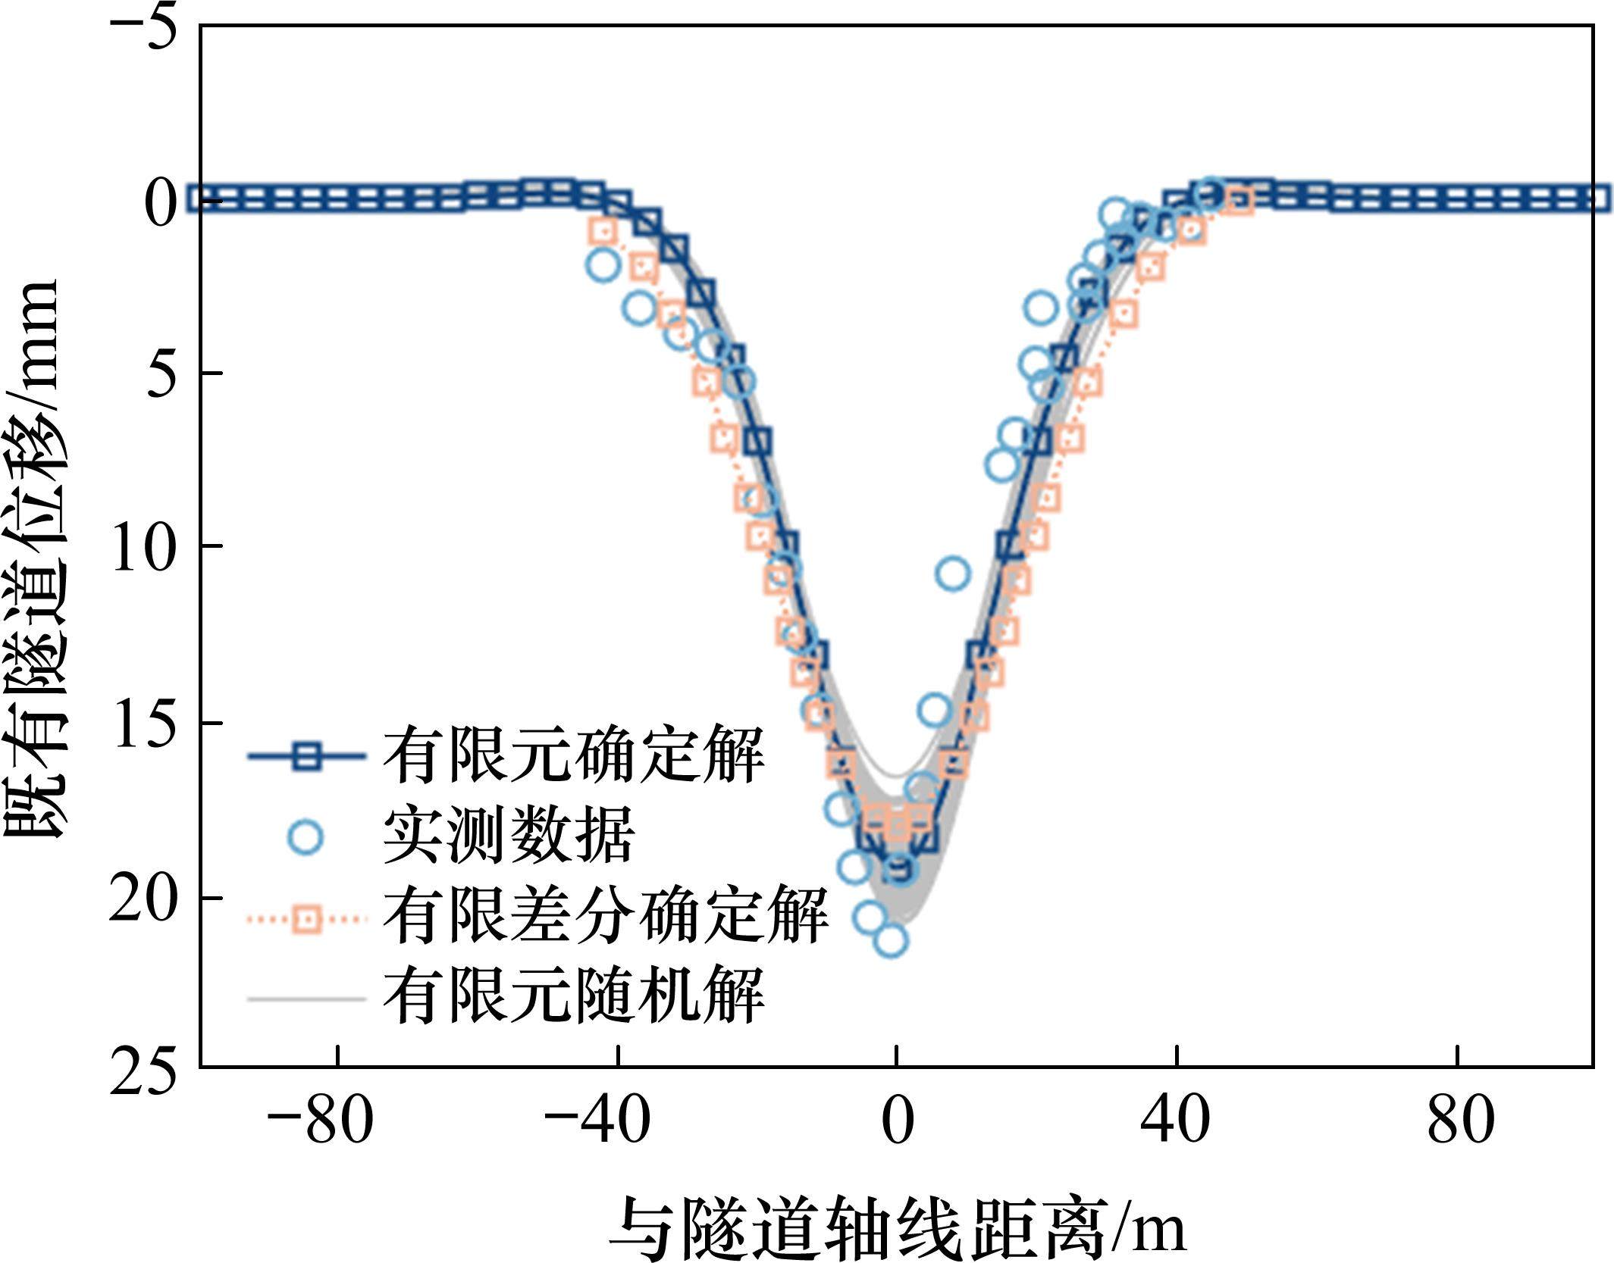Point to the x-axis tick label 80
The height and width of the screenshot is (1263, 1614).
1460,1121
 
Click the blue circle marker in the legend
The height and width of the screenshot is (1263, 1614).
306,837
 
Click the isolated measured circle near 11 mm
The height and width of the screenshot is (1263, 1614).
953,574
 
